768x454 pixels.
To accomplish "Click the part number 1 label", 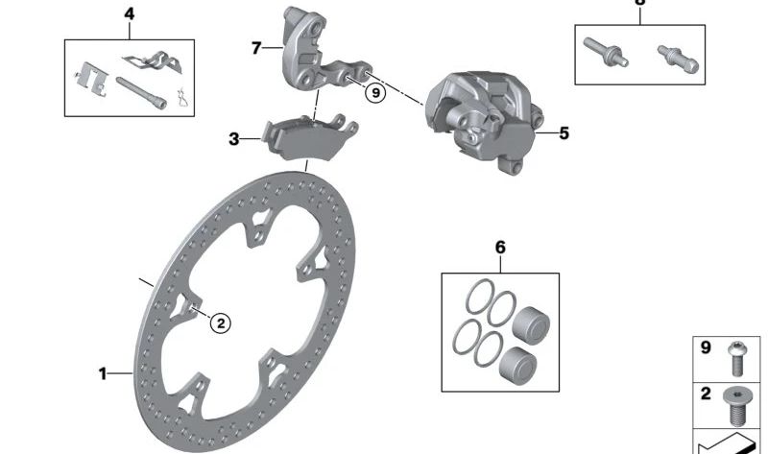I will tap(104, 373).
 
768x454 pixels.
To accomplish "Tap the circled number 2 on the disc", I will tap(220, 323).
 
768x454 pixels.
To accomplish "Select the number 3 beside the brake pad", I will tap(233, 140).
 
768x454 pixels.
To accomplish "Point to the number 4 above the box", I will tap(130, 14).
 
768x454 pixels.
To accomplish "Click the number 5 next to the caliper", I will tap(564, 133).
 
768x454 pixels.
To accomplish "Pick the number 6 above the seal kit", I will tap(499, 248).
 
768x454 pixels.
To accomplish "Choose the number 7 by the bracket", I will tap(256, 47).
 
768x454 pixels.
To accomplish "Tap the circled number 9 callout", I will tap(375, 92).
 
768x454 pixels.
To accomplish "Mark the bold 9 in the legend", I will tap(706, 348).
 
